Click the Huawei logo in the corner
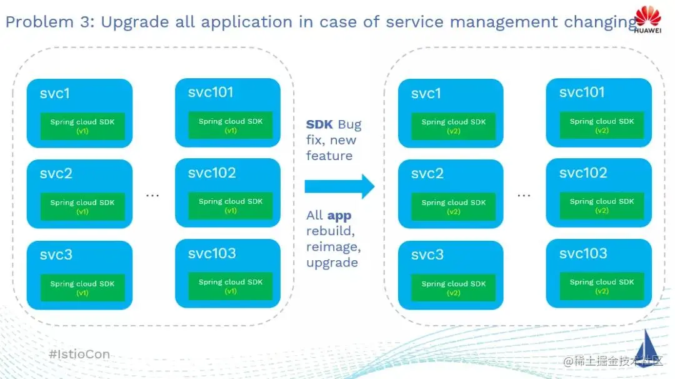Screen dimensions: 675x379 click(x=647, y=20)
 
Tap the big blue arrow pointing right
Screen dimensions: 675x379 click(x=339, y=186)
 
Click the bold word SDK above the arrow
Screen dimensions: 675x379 click(x=319, y=124)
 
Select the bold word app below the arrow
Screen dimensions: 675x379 click(x=339, y=215)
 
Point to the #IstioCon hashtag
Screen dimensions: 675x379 click(x=79, y=354)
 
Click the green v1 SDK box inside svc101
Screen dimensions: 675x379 click(x=230, y=125)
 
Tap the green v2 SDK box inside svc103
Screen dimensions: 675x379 click(x=602, y=286)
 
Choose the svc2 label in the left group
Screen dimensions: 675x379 click(x=56, y=174)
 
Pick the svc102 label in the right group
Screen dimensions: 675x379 click(x=583, y=173)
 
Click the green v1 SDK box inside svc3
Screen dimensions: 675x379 click(x=82, y=288)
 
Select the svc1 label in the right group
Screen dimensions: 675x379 click(x=426, y=93)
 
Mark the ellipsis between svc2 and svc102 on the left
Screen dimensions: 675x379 click(x=152, y=196)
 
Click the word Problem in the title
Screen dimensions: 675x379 click(x=39, y=21)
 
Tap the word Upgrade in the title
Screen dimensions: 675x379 click(x=135, y=23)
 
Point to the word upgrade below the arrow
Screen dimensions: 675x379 click(x=332, y=263)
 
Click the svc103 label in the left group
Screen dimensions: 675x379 click(x=212, y=253)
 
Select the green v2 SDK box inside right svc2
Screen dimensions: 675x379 click(x=453, y=207)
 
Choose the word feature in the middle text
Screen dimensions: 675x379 click(x=329, y=156)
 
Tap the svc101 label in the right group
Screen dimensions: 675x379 click(x=582, y=92)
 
